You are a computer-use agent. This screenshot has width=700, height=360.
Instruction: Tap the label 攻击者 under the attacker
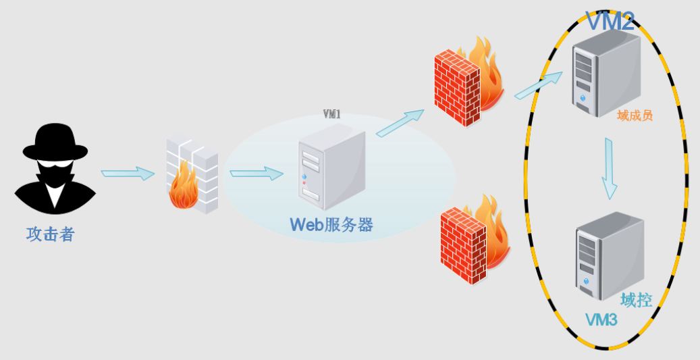(x=50, y=235)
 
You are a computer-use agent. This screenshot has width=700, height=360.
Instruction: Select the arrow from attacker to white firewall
(x=128, y=174)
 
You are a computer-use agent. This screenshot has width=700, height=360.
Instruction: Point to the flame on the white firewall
(x=183, y=191)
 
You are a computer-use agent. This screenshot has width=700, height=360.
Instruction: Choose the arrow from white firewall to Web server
(x=256, y=174)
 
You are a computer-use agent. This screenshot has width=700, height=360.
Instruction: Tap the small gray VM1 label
(x=331, y=115)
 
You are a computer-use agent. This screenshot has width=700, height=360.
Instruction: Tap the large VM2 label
(x=610, y=22)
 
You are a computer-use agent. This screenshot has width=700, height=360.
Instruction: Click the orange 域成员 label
(x=635, y=116)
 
